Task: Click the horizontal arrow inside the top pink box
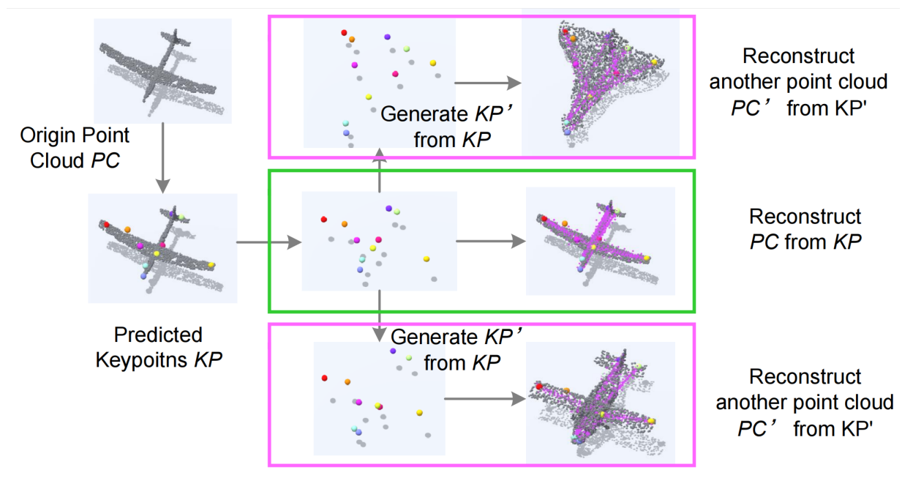486,82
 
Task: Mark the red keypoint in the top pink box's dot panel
343,32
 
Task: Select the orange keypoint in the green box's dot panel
345,223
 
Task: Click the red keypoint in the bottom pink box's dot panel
325,378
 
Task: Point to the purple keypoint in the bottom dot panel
393,351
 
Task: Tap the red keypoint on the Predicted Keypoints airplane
106,224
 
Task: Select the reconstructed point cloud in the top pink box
600,84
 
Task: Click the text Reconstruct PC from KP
805,229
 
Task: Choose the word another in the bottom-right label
754,402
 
